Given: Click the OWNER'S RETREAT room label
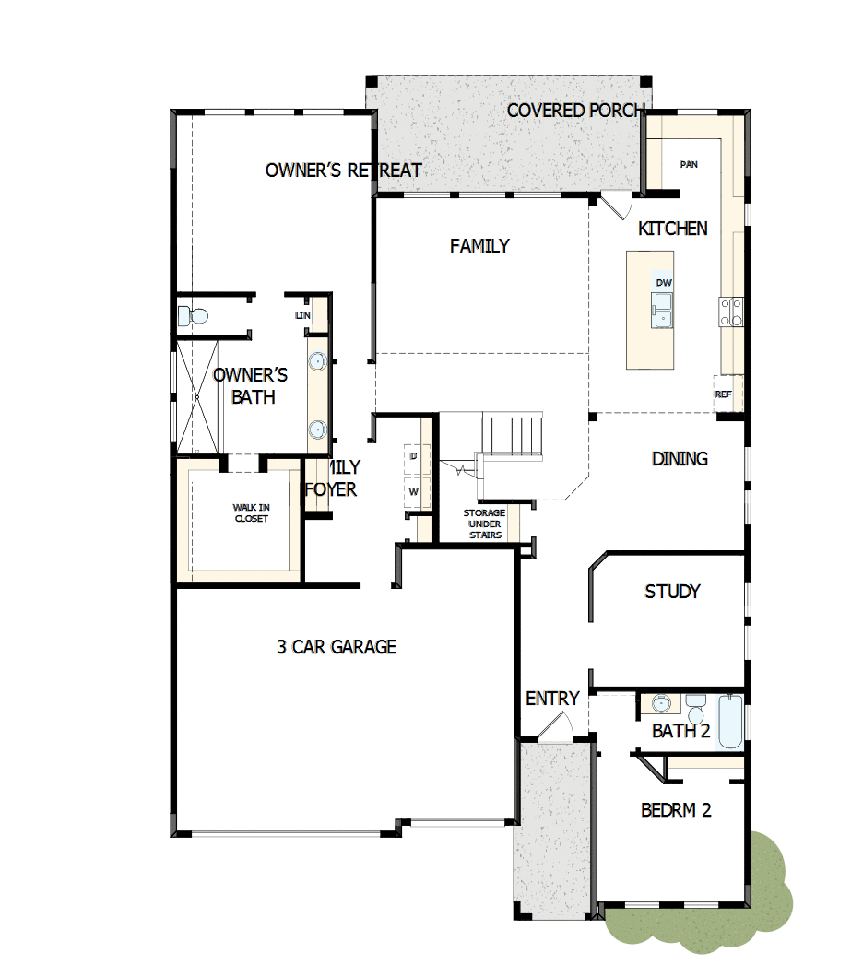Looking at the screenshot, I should (x=343, y=171).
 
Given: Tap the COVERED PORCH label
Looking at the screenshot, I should (x=575, y=111).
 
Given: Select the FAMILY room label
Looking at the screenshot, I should (x=479, y=246).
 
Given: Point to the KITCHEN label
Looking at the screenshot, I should (x=673, y=229).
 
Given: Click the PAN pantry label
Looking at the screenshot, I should (x=688, y=165).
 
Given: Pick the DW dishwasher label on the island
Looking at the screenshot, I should (x=663, y=282).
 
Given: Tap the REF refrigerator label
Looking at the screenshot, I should (x=724, y=394).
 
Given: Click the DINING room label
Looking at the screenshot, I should (x=680, y=458).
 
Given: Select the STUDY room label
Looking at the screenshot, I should (x=672, y=592).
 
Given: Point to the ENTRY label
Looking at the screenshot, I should (x=552, y=699).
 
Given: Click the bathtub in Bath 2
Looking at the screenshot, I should (x=729, y=722).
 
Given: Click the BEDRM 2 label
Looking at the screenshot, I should (x=676, y=810).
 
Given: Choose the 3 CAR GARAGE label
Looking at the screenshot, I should (x=337, y=647).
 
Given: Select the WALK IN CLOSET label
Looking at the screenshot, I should (x=251, y=512).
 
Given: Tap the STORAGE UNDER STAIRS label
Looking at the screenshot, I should (x=484, y=524).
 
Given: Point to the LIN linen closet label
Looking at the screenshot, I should (x=303, y=315).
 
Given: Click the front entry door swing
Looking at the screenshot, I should (x=556, y=729).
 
